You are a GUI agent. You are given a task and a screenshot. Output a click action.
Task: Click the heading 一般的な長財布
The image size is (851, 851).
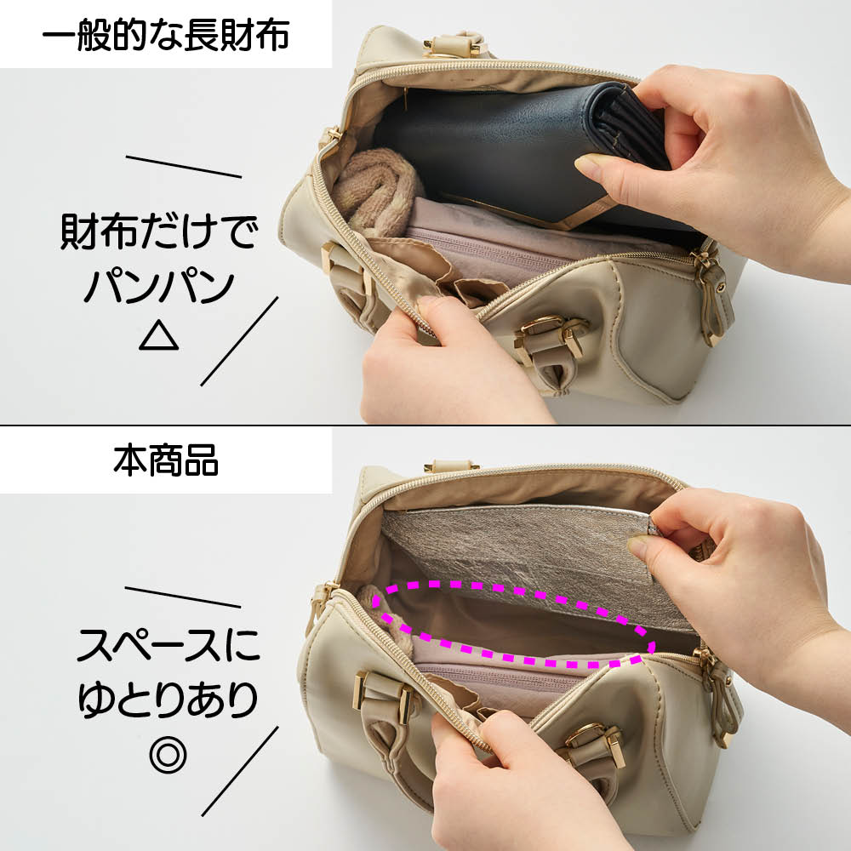(166, 35)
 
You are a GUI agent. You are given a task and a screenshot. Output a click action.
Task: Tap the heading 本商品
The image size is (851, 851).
(166, 460)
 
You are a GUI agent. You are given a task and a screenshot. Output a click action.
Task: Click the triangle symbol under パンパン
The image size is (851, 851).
(158, 334)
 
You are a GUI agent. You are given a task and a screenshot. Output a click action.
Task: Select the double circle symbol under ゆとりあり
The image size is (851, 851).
(168, 754)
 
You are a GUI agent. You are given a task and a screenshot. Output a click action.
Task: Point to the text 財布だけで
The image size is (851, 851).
(158, 231)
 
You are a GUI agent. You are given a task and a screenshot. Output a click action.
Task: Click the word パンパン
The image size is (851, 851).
(159, 286)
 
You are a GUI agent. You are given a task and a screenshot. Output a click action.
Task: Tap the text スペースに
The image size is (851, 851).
(168, 645)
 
